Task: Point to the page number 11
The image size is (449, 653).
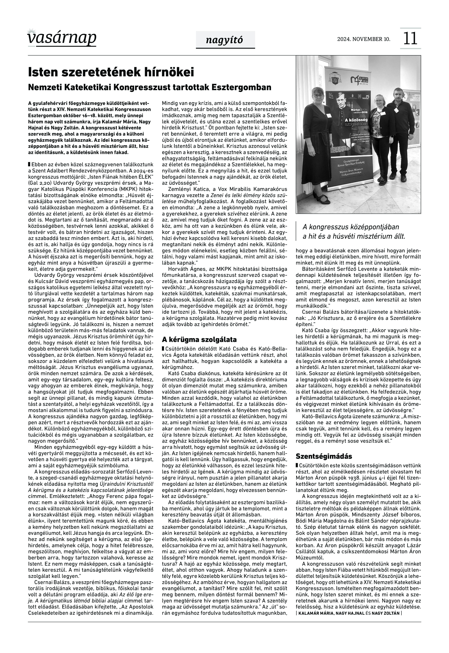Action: click(x=410, y=39)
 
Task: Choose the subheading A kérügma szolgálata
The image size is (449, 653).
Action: click(x=199, y=339)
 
